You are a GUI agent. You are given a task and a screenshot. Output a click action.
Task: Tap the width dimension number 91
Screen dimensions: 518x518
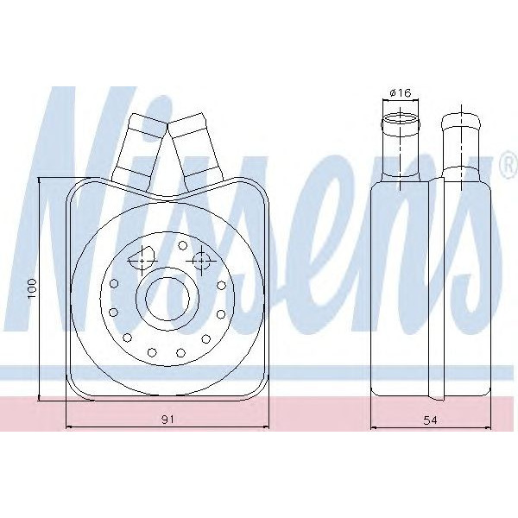pyautogui.click(x=168, y=419)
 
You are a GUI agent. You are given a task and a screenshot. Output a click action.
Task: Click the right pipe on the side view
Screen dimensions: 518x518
pyautogui.click(x=460, y=147)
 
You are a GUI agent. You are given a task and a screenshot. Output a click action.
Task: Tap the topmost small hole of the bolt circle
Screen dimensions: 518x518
pyautogui.click(x=182, y=245)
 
